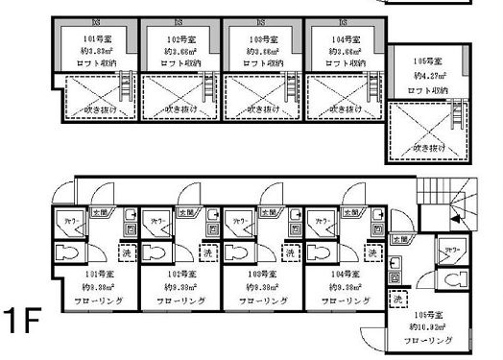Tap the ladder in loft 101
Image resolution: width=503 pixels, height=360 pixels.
pyautogui.click(x=123, y=90)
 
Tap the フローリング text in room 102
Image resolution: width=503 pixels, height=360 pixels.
pyautogui.click(x=178, y=300)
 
